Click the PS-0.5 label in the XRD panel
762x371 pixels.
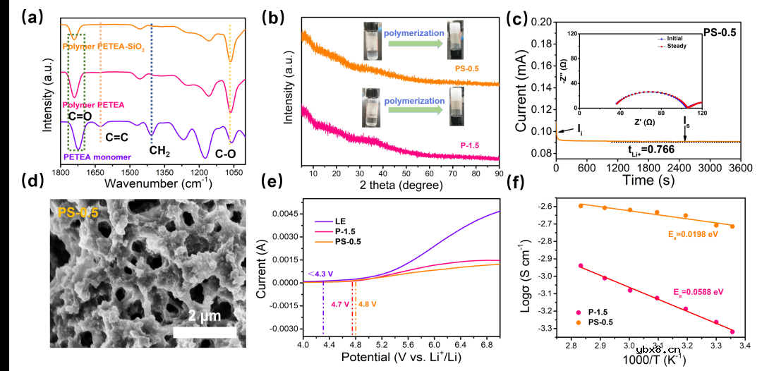[x=468, y=68]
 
